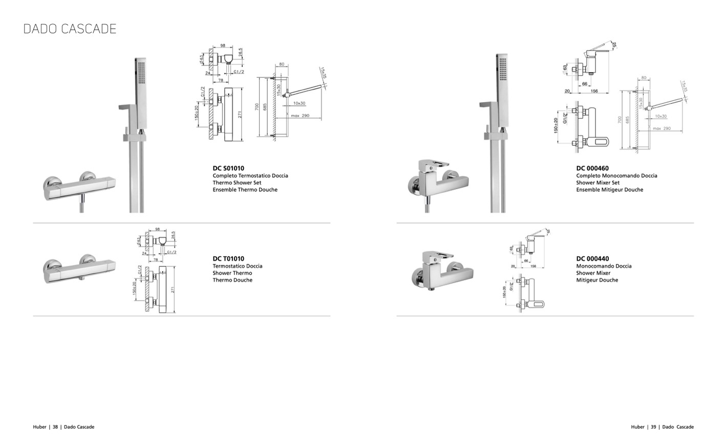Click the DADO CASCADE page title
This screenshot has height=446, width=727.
[70, 29]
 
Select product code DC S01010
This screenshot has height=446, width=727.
[228, 168]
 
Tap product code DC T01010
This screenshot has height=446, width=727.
[228, 259]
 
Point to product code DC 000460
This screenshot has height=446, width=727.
[592, 168]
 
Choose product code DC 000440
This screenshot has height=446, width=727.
[592, 259]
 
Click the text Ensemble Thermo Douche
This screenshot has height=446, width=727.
[245, 190]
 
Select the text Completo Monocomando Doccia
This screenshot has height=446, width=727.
[616, 175]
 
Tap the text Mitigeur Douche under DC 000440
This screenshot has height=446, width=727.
[597, 280]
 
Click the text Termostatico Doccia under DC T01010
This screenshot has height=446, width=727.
[237, 266]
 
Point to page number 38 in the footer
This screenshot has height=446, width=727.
[55, 427]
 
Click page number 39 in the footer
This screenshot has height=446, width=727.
[653, 427]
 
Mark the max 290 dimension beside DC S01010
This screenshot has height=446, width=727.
[300, 116]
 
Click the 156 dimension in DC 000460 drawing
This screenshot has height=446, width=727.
[594, 92]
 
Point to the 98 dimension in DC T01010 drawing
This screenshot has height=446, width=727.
[157, 229]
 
